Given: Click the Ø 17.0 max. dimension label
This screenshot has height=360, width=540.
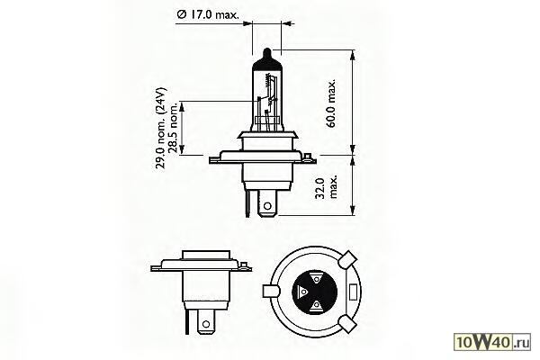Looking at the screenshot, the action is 208,14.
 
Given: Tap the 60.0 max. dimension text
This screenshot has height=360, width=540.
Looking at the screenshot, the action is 331,104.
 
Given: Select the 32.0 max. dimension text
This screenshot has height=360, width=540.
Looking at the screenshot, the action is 326,188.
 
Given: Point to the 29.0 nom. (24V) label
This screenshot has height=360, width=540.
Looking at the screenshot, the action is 161,128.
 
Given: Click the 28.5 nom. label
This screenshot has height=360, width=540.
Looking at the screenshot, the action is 173,127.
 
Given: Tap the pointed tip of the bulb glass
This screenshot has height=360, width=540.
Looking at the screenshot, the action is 267,49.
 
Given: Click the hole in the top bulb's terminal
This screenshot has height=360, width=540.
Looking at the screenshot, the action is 267,207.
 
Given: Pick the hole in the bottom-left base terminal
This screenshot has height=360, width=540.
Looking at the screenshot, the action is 206,324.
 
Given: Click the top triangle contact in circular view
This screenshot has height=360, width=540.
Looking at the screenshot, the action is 316,278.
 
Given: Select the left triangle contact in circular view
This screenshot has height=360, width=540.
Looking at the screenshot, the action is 302,292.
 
